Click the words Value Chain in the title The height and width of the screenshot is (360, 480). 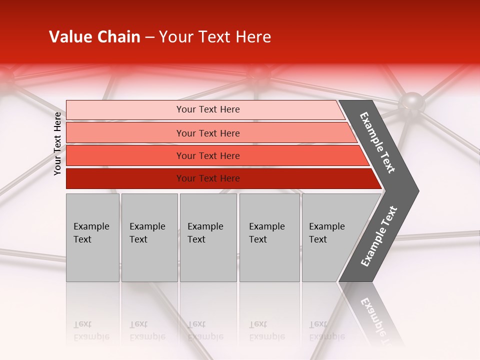coord(94,37)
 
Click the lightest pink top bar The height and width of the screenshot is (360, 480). coord(125,109)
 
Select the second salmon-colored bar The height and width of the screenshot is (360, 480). coord(125,133)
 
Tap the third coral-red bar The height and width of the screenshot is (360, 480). coord(125,155)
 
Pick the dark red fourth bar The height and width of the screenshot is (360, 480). coord(125,178)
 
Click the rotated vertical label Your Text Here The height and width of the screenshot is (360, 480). coord(57,143)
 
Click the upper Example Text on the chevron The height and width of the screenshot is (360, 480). coord(377,142)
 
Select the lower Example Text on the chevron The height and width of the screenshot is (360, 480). coord(379,236)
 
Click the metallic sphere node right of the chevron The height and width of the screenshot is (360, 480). coord(411,103)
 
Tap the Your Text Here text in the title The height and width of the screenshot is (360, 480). coord(215,37)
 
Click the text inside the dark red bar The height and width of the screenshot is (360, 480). coord(208,178)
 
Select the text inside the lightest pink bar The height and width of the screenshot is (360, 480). coord(208,109)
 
